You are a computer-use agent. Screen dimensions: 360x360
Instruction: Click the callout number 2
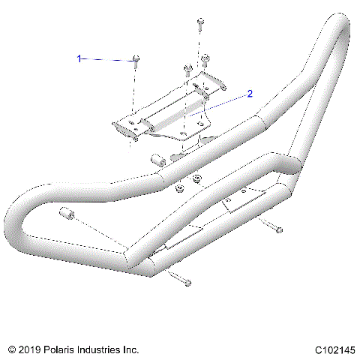tap(250, 94)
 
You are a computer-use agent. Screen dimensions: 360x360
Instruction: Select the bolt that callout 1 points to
tap(135, 61)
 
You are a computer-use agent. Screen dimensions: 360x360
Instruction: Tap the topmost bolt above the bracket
tap(200, 24)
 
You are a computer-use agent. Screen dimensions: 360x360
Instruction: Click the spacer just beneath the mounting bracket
tap(158, 160)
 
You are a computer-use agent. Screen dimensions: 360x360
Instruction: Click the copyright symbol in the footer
tap(12, 349)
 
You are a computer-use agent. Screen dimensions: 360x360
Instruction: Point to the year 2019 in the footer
tap(31, 349)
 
